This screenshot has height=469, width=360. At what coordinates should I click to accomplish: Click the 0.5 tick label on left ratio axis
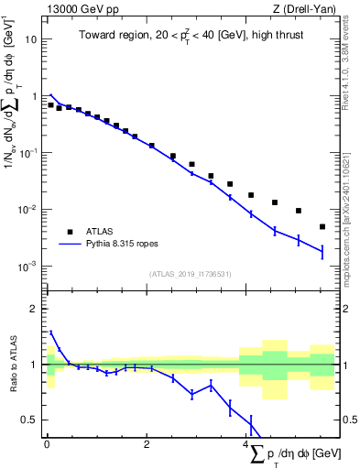pos(29,420)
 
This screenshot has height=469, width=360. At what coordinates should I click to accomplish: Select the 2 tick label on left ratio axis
pos(34,309)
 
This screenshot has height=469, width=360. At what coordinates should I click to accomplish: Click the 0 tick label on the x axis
pos(47,444)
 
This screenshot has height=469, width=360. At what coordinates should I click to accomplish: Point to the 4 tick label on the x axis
pos(247,444)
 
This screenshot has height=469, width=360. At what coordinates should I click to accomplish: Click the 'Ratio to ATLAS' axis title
pos(12,365)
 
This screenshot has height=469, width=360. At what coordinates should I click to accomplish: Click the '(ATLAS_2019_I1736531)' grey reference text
pos(190,274)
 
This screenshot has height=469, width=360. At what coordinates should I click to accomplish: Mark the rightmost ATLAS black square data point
pos(322,226)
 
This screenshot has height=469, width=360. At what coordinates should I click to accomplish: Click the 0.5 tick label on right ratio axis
pos(347,420)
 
